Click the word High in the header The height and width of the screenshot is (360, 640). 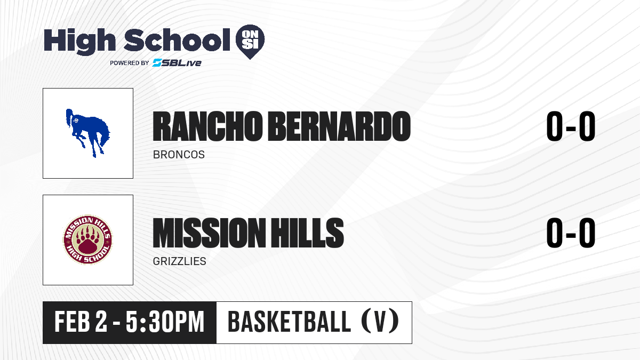pyautogui.click(x=79, y=41)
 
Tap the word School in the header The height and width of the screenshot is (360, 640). pyautogui.click(x=177, y=39)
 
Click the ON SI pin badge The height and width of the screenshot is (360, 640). pyautogui.click(x=250, y=42)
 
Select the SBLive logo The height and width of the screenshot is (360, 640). pyautogui.click(x=177, y=62)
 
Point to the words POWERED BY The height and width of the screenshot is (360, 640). pyautogui.click(x=130, y=63)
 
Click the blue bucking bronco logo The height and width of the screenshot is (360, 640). pyautogui.click(x=87, y=133)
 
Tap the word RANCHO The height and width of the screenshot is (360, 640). pyautogui.click(x=207, y=126)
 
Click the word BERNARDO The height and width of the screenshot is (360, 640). pyautogui.click(x=339, y=126)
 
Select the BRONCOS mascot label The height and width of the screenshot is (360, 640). pyautogui.click(x=179, y=155)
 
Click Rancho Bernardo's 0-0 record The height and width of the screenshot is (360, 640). pyautogui.click(x=571, y=126)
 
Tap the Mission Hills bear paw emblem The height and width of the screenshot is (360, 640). pyautogui.click(x=87, y=239)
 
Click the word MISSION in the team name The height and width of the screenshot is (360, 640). pyautogui.click(x=210, y=233)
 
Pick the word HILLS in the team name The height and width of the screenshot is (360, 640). pyautogui.click(x=307, y=233)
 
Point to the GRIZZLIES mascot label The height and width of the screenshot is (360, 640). pyautogui.click(x=179, y=261)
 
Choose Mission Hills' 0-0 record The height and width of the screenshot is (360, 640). pyautogui.click(x=571, y=233)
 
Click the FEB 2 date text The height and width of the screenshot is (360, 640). pyautogui.click(x=81, y=322)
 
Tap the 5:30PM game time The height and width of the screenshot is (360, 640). pyautogui.click(x=165, y=322)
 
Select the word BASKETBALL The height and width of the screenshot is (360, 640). pyautogui.click(x=289, y=322)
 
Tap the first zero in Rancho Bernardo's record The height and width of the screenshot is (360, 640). pyautogui.click(x=555, y=126)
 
